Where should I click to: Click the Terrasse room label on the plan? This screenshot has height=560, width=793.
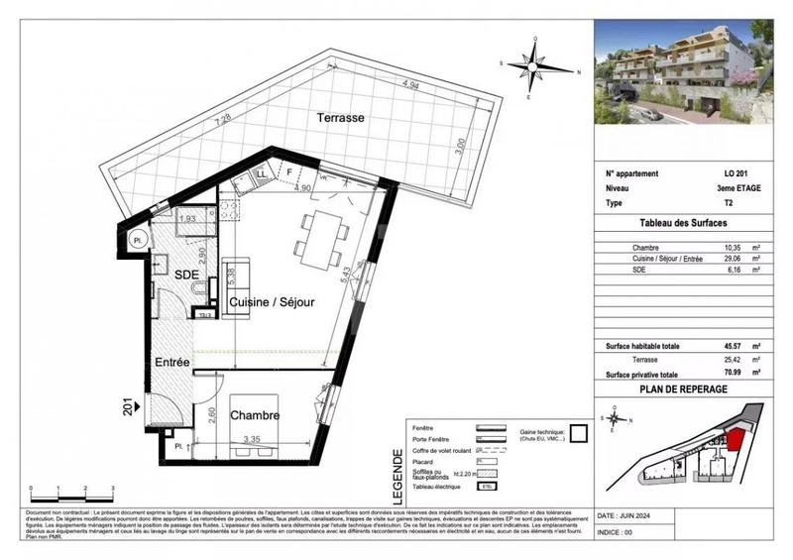(341, 117)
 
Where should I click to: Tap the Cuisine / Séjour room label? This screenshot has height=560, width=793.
(273, 301)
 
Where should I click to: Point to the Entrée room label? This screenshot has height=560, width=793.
(171, 365)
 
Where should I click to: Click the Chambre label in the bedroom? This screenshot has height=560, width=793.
(255, 415)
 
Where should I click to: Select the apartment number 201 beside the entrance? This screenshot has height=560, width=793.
(127, 405)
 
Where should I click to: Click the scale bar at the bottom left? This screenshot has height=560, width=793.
(71, 489)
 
